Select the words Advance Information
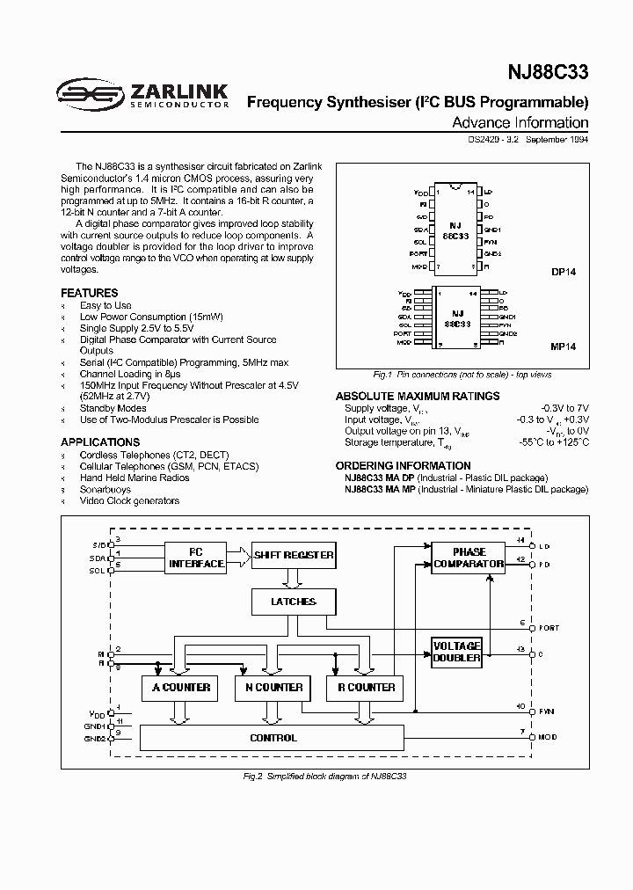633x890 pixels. click(x=520, y=123)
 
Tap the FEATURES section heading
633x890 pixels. click(x=89, y=293)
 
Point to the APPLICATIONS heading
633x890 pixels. click(x=100, y=442)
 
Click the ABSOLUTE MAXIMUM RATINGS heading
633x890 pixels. click(x=418, y=396)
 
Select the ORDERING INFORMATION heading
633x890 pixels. click(x=404, y=465)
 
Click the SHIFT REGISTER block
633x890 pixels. click(x=294, y=555)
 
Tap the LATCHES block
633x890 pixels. click(x=295, y=602)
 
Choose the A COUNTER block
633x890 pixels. click(x=180, y=687)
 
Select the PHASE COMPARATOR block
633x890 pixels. click(x=469, y=558)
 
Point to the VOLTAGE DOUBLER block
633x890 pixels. click(x=457, y=652)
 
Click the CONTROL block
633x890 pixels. click(x=273, y=738)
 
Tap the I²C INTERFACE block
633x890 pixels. click(x=196, y=558)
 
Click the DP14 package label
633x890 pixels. click(x=564, y=273)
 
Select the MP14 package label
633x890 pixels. click(x=564, y=347)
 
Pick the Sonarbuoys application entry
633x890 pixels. click(x=105, y=489)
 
